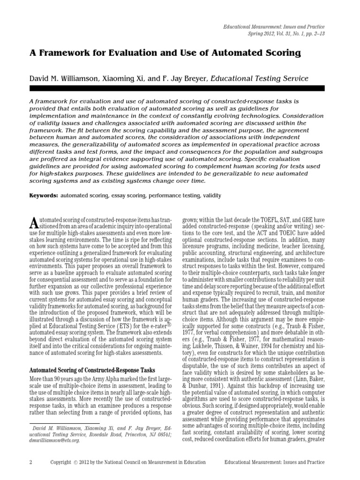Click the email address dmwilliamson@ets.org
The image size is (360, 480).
tap(54, 441)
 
